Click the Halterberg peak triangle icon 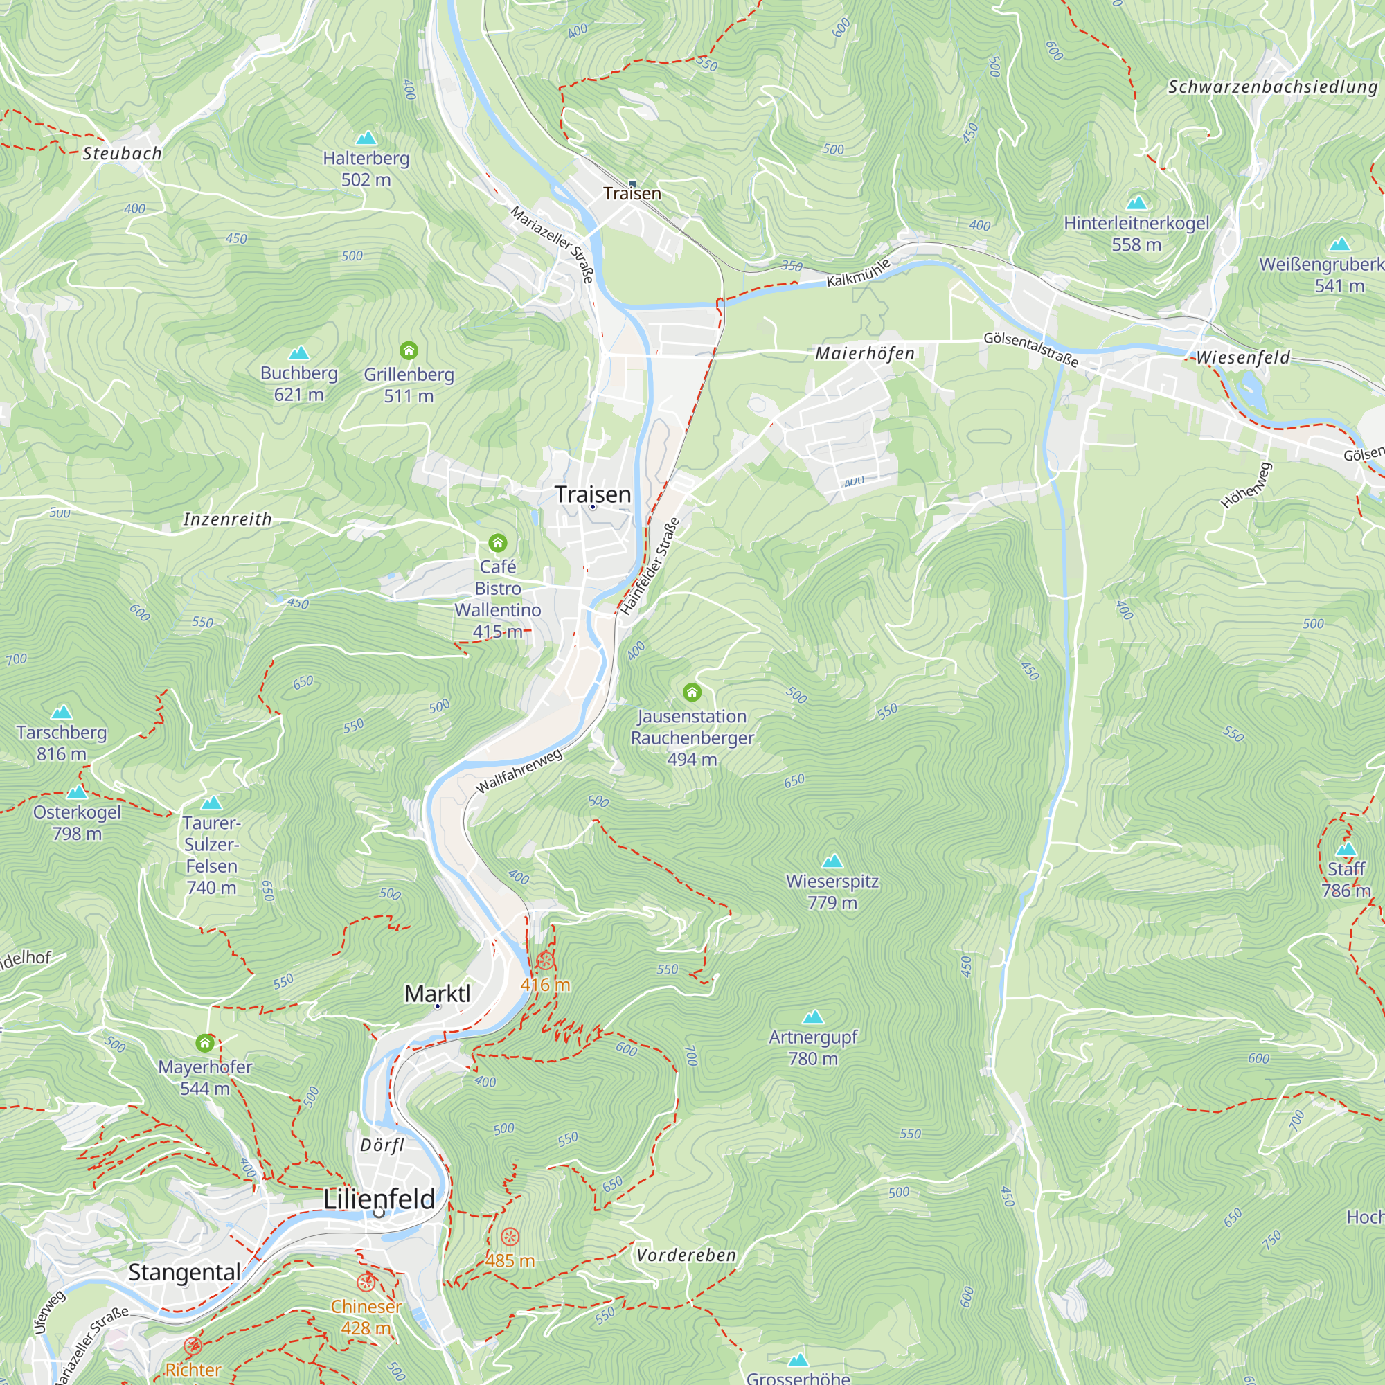pyautogui.click(x=366, y=138)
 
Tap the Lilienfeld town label pyautogui.click(x=379, y=1199)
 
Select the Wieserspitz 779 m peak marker pyautogui.click(x=832, y=860)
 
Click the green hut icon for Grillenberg pyautogui.click(x=409, y=350)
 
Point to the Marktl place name pyautogui.click(x=437, y=994)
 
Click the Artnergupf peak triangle pyautogui.click(x=813, y=1017)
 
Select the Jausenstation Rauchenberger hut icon pyautogui.click(x=692, y=692)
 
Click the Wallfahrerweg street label pyautogui.click(x=519, y=771)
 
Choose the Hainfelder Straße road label pyautogui.click(x=650, y=566)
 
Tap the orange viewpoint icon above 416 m pyautogui.click(x=545, y=961)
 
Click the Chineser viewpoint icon pyautogui.click(x=366, y=1282)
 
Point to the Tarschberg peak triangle pyautogui.click(x=62, y=712)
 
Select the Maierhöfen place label pyautogui.click(x=864, y=353)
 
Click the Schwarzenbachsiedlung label pyautogui.click(x=1272, y=87)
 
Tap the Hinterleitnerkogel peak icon pyautogui.click(x=1136, y=203)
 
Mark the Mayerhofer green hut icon pyautogui.click(x=205, y=1042)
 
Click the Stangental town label pyautogui.click(x=184, y=1272)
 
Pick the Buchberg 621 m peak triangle pyautogui.click(x=298, y=352)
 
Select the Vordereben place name pyautogui.click(x=686, y=1256)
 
